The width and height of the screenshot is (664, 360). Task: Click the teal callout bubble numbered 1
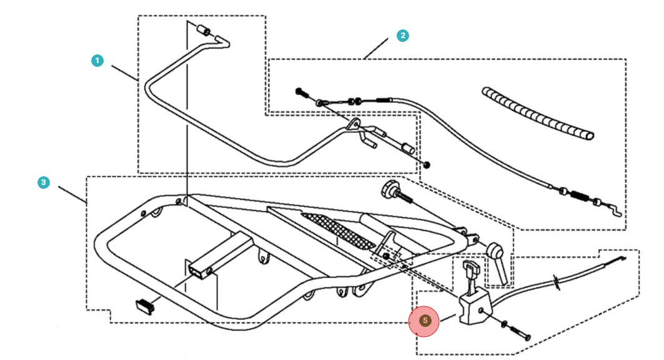(x=97, y=61)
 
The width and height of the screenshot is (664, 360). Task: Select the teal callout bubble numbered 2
(x=403, y=36)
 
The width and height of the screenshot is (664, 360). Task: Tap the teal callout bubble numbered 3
(x=42, y=182)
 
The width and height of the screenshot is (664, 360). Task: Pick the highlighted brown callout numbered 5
(x=425, y=321)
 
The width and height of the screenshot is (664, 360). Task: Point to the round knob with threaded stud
(x=394, y=190)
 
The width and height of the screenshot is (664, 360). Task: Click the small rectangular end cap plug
(x=145, y=304)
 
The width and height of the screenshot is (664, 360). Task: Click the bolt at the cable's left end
(x=302, y=92)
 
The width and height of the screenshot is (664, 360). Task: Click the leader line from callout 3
(x=72, y=194)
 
